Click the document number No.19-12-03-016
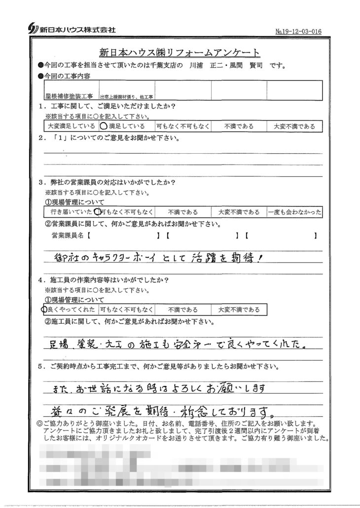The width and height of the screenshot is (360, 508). (x=299, y=31)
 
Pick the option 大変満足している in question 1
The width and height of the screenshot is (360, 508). (x=71, y=126)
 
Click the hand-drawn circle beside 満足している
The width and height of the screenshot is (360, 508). (x=104, y=126)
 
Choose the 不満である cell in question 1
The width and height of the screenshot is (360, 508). (x=239, y=126)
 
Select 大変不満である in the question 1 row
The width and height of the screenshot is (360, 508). (x=294, y=126)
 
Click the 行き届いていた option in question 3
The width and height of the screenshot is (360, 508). (x=71, y=212)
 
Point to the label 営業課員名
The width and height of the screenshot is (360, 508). (x=68, y=236)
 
